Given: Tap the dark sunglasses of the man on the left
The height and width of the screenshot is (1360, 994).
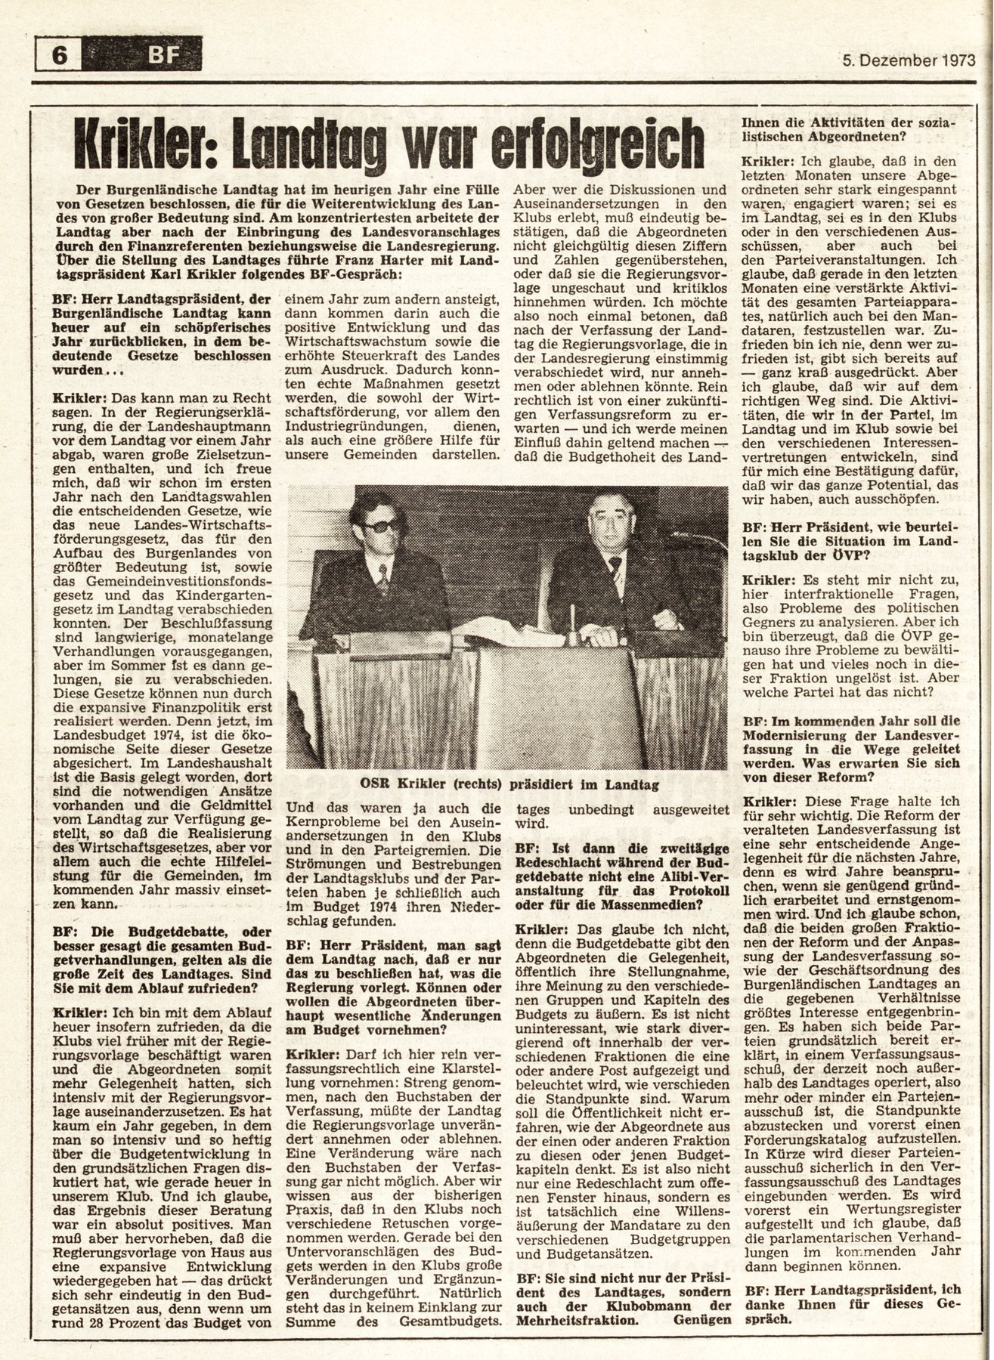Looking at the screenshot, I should coord(380,527).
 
